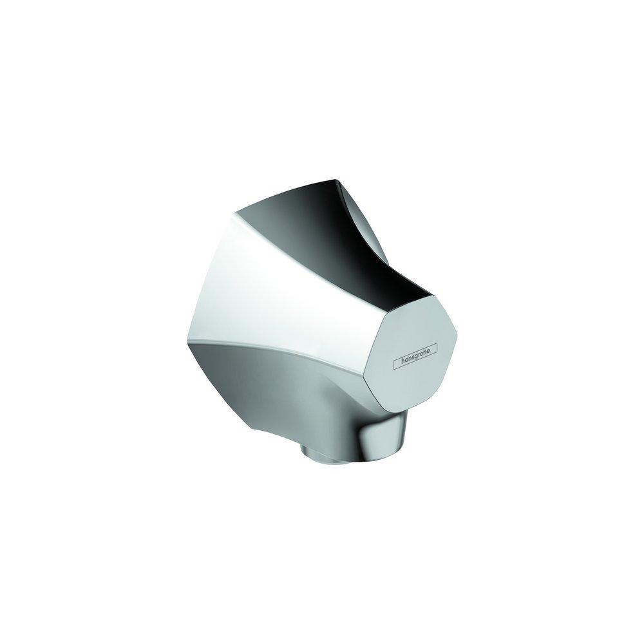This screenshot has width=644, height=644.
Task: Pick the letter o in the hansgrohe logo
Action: (424, 352)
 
